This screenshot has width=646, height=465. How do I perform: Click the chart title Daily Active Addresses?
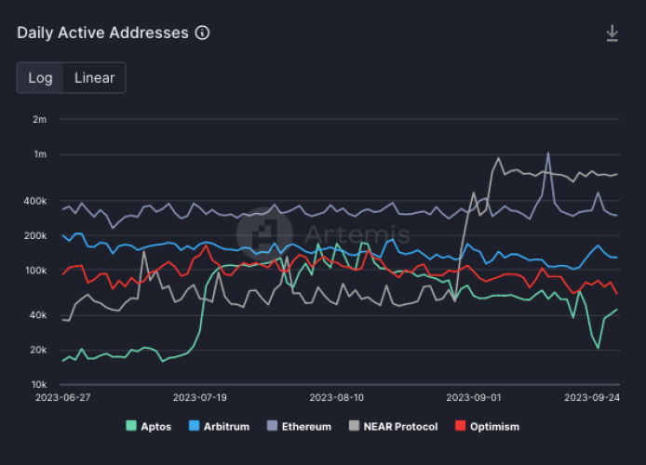point(102,33)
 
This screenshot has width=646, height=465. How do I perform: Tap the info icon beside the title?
point(202,33)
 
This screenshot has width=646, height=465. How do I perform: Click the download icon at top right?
point(612,33)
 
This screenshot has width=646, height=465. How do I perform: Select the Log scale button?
point(40,78)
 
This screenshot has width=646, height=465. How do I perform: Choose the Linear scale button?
point(94,78)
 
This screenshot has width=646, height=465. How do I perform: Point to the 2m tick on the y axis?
point(39,119)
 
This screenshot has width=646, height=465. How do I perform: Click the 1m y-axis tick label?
point(39,154)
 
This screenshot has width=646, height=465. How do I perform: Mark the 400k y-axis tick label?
point(34,201)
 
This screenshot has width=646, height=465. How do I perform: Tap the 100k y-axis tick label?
point(34,271)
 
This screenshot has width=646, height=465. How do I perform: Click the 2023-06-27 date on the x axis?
point(62,396)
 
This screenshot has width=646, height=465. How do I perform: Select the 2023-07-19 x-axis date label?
point(200,396)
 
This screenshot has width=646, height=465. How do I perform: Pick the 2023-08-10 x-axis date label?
point(337,396)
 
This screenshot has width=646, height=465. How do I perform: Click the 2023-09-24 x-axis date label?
point(592,396)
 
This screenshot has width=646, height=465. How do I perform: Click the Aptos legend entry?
point(149,426)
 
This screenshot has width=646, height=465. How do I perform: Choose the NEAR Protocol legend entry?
point(394,426)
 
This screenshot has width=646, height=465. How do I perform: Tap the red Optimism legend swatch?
point(460,426)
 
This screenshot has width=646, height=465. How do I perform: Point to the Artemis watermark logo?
point(264,232)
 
